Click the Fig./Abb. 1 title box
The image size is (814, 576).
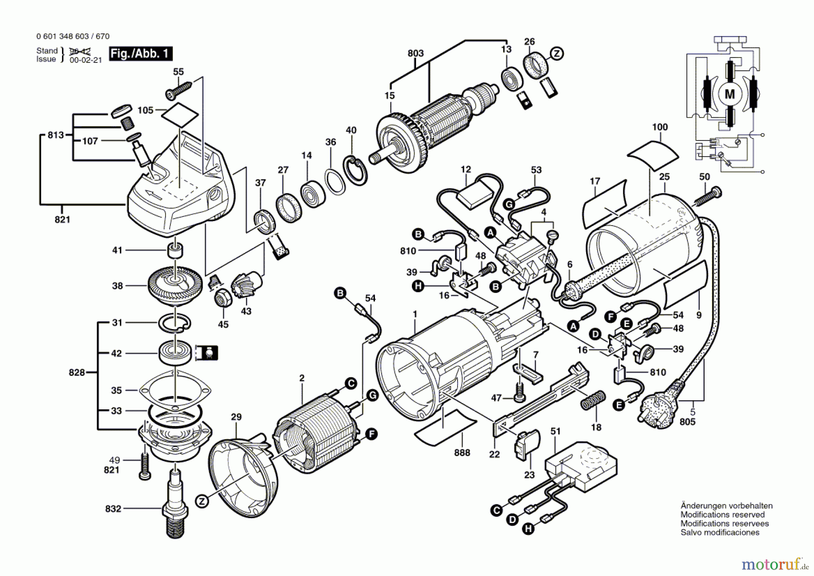[141, 54]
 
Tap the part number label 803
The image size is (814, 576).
[416, 53]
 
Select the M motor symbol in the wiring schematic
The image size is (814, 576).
[730, 94]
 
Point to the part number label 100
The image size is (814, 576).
[660, 127]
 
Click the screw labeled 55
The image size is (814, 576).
[180, 89]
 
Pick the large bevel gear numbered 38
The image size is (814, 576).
[174, 285]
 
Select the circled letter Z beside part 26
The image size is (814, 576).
[557, 53]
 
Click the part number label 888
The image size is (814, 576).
[462, 453]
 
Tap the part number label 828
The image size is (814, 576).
[77, 372]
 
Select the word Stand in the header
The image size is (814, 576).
[47, 51]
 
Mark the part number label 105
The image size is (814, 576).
[146, 110]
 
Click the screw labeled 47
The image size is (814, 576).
[520, 392]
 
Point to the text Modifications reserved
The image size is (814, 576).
[723, 515]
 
